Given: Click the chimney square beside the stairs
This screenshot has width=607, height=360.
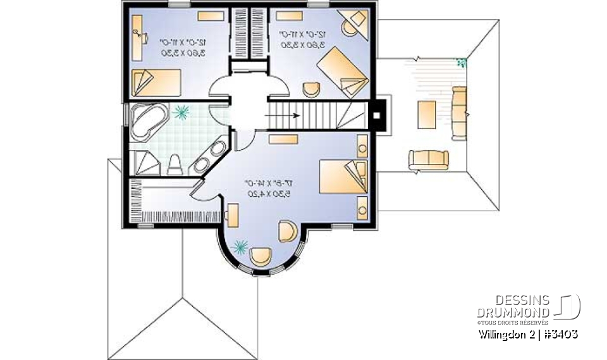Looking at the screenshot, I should click(x=377, y=116).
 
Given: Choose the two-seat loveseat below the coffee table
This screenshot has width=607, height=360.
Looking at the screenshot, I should click(x=428, y=158).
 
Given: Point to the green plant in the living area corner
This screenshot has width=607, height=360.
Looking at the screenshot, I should click(x=462, y=61).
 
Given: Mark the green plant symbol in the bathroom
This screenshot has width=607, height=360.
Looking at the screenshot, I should click(x=182, y=112).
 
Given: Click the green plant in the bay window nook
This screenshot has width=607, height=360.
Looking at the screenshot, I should click(x=240, y=247).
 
